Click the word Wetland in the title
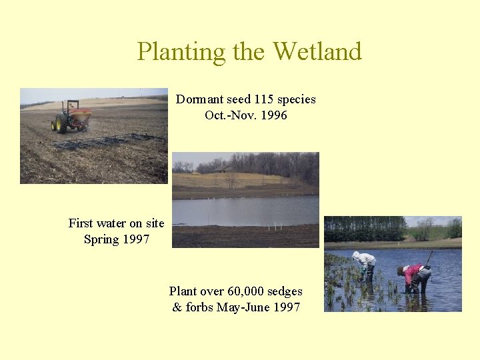point(317,51)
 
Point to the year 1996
point(273,115)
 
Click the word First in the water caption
point(81,223)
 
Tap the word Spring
point(101,239)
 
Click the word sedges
point(286,291)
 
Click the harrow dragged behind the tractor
point(107,141)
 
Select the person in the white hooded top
point(365,265)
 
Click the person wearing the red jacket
point(413,275)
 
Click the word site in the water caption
point(154,223)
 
